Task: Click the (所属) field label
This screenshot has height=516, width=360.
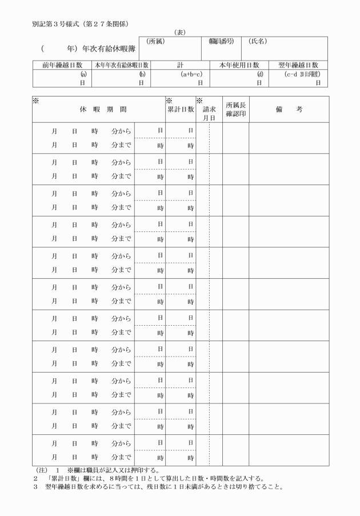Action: [155, 41]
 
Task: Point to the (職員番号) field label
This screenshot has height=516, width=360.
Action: [221, 41]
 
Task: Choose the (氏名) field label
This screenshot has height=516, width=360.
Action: [258, 41]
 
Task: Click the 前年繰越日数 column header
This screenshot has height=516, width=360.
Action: [62, 66]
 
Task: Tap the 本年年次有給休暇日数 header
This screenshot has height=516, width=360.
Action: [121, 66]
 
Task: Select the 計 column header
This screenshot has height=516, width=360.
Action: [180, 66]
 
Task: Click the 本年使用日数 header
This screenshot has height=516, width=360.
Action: [239, 66]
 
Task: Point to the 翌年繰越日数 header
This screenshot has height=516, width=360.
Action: [298, 66]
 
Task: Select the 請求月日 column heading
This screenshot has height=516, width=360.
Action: [209, 113]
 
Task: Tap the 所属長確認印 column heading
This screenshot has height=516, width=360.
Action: [235, 109]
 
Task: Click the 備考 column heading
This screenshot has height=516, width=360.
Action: [288, 109]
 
